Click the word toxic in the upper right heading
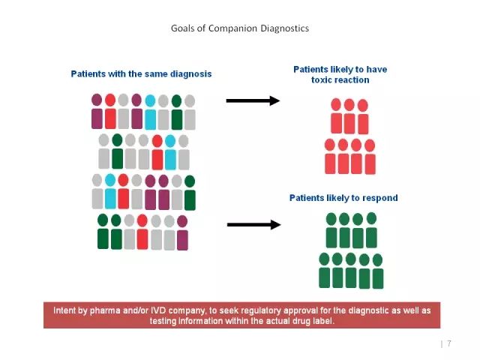point(323,80)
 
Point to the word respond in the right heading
point(379,198)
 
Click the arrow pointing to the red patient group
point(253,100)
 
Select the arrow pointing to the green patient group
point(253,224)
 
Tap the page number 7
point(449,343)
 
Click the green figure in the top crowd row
point(176,112)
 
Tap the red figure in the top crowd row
point(110,112)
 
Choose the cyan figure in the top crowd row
point(150,112)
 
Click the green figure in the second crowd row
point(117,153)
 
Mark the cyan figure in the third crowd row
point(110,193)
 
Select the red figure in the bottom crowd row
point(142,233)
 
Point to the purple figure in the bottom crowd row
point(181,233)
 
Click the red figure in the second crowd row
point(157,153)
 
